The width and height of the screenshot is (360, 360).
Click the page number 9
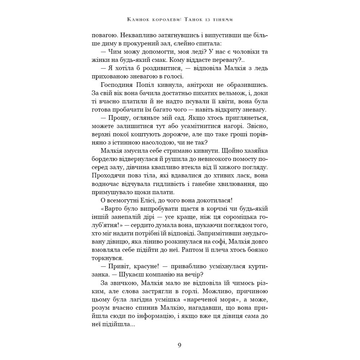180,345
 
